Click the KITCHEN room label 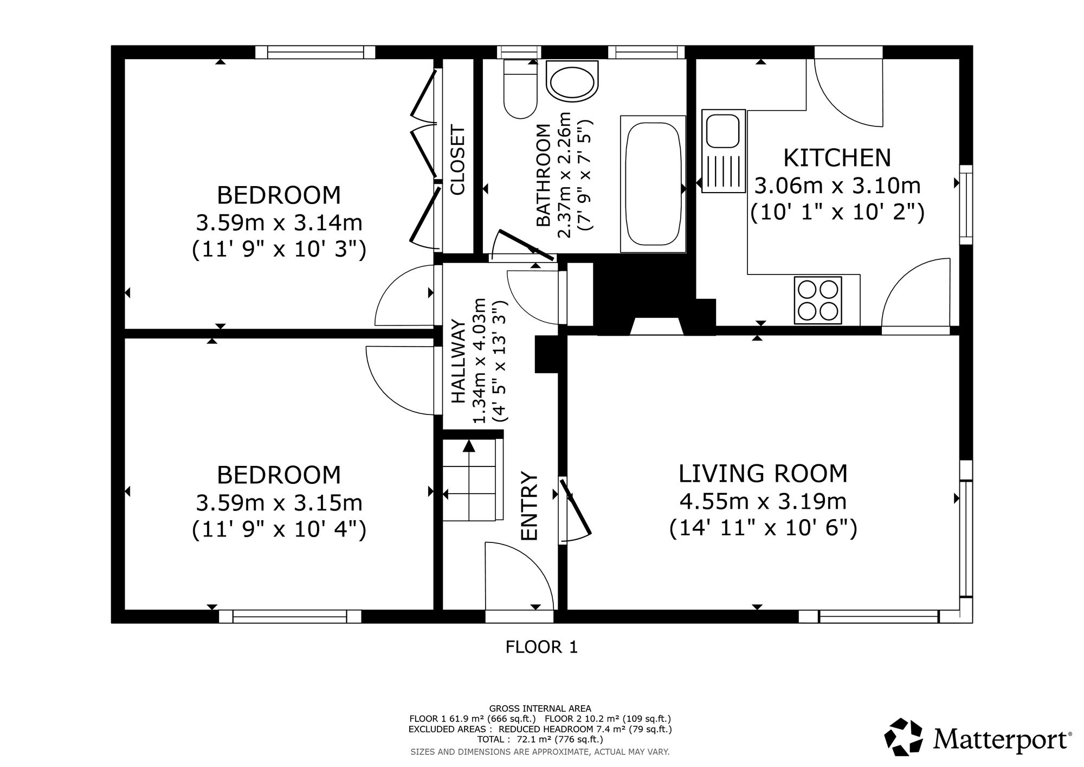coord(837,158)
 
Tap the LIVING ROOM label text coord(763,474)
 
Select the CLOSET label coord(458,160)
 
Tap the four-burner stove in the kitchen coord(818,301)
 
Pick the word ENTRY coord(528,506)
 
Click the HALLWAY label coord(459,362)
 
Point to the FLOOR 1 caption coord(541,647)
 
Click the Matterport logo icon coord(903,737)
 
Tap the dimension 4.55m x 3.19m coord(763,501)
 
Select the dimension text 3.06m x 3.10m coord(837,186)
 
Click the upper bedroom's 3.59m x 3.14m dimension coord(279,222)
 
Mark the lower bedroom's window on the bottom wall coord(290,616)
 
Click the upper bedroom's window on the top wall coord(315,52)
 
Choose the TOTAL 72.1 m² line coord(540,739)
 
